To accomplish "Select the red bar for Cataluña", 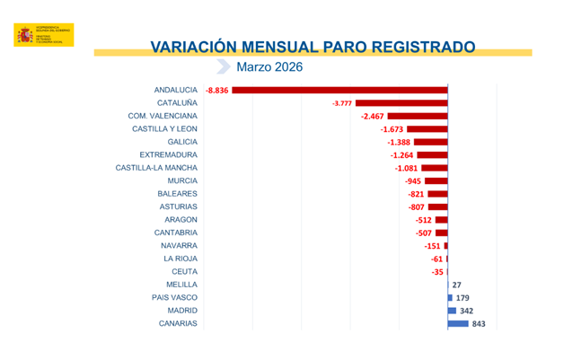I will pos(401,103).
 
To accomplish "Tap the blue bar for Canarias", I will pos(458,323).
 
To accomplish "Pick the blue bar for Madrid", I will pos(452,311).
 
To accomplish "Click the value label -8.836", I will pos(218,90).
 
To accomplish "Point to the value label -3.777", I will pos(342,103).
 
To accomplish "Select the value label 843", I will pos(479,324).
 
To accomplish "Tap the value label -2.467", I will pos(372,117).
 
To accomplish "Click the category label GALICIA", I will pos(182,142).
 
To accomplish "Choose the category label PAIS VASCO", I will pos(175,297).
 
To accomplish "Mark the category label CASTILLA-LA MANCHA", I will pos(156,168).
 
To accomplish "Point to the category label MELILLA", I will pos(181,285).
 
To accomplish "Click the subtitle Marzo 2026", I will pos(269,66).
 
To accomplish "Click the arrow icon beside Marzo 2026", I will pos(224,66).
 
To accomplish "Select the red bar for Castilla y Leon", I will pos(426,129).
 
